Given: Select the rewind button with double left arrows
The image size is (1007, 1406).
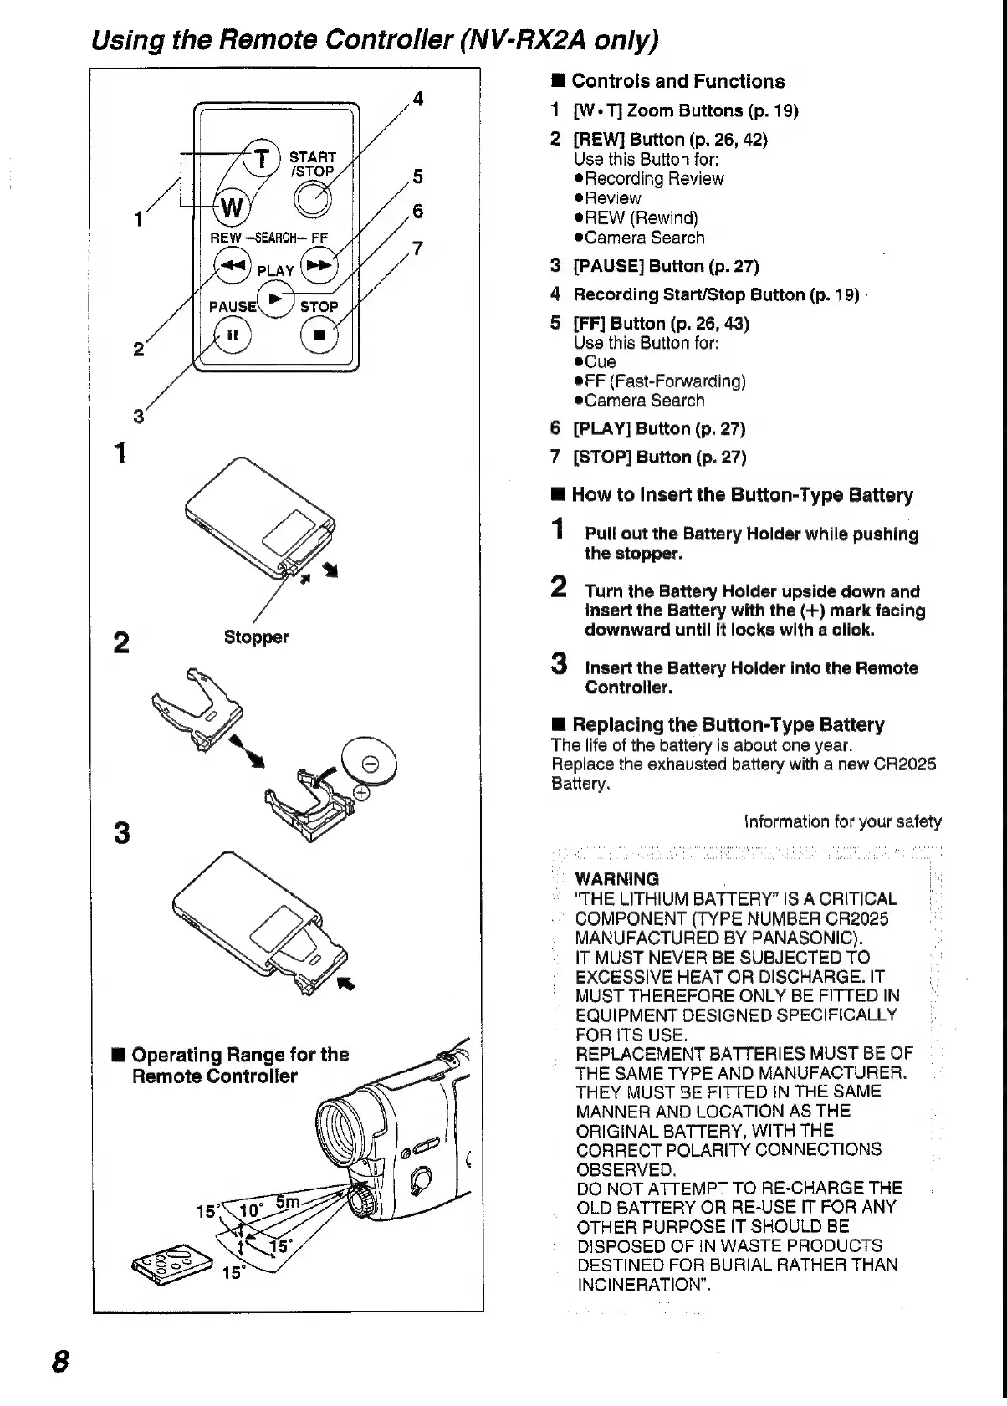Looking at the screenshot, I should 232,264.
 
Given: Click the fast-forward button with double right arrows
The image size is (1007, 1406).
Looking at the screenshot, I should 318,264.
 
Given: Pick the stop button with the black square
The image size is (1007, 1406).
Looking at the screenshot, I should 318,335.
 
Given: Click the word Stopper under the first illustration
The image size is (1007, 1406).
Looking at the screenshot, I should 256,637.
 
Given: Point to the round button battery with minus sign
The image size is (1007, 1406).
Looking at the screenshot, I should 368,764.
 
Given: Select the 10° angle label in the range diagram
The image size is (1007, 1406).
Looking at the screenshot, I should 251,1210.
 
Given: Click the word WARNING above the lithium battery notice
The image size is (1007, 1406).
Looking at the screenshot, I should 617,879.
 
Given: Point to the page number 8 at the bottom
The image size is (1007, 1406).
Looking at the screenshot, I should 59,1361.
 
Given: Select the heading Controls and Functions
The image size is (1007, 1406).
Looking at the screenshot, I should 677,81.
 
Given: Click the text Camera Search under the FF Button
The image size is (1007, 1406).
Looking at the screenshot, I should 645,401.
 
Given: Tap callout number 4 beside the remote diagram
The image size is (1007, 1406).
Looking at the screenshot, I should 418,99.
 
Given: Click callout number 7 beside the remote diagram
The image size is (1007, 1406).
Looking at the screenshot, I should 418,248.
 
